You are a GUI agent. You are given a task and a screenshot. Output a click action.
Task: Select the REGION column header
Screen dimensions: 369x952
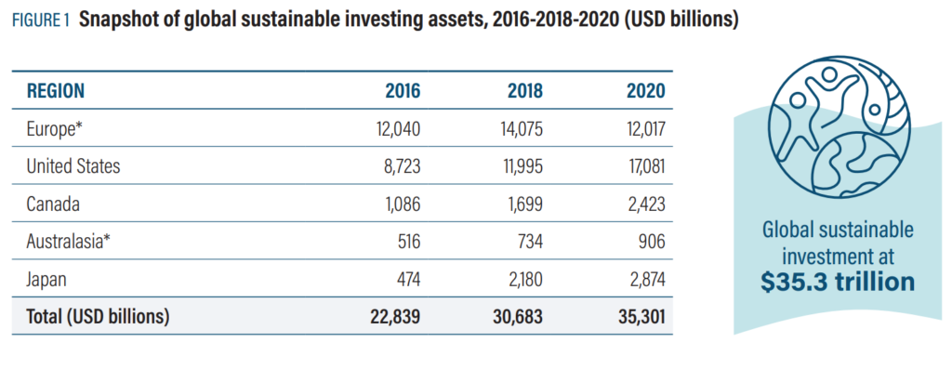coord(56,90)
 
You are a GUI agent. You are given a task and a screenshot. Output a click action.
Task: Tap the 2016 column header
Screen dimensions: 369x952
coord(403,91)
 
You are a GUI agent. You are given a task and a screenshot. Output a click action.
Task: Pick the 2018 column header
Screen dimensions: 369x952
coord(525,91)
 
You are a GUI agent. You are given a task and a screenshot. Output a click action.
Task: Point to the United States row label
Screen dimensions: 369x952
coord(73,166)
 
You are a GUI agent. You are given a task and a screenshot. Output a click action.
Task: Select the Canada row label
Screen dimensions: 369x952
coord(52,204)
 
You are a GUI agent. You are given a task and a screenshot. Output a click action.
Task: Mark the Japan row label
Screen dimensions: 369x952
coord(48,279)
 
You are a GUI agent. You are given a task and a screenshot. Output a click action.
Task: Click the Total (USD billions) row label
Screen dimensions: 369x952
coord(98,316)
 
